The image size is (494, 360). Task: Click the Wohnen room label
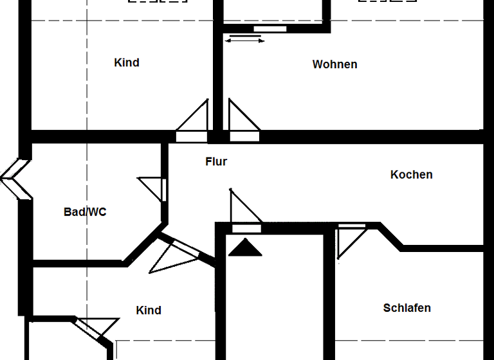(334, 64)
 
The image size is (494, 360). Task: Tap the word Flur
(216, 161)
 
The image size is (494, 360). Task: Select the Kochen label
(411, 174)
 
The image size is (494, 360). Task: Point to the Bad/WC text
(85, 212)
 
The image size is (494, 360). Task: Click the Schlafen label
(407, 308)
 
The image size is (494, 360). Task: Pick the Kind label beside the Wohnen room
(127, 62)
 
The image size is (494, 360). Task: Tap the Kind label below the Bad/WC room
(149, 310)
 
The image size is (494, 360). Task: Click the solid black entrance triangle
(246, 248)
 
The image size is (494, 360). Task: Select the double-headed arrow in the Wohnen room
(244, 40)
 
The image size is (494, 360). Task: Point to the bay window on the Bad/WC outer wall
(14, 179)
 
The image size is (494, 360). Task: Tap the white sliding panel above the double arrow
(270, 28)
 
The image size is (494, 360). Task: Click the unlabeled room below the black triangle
(274, 302)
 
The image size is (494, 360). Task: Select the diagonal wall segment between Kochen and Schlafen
(390, 235)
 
